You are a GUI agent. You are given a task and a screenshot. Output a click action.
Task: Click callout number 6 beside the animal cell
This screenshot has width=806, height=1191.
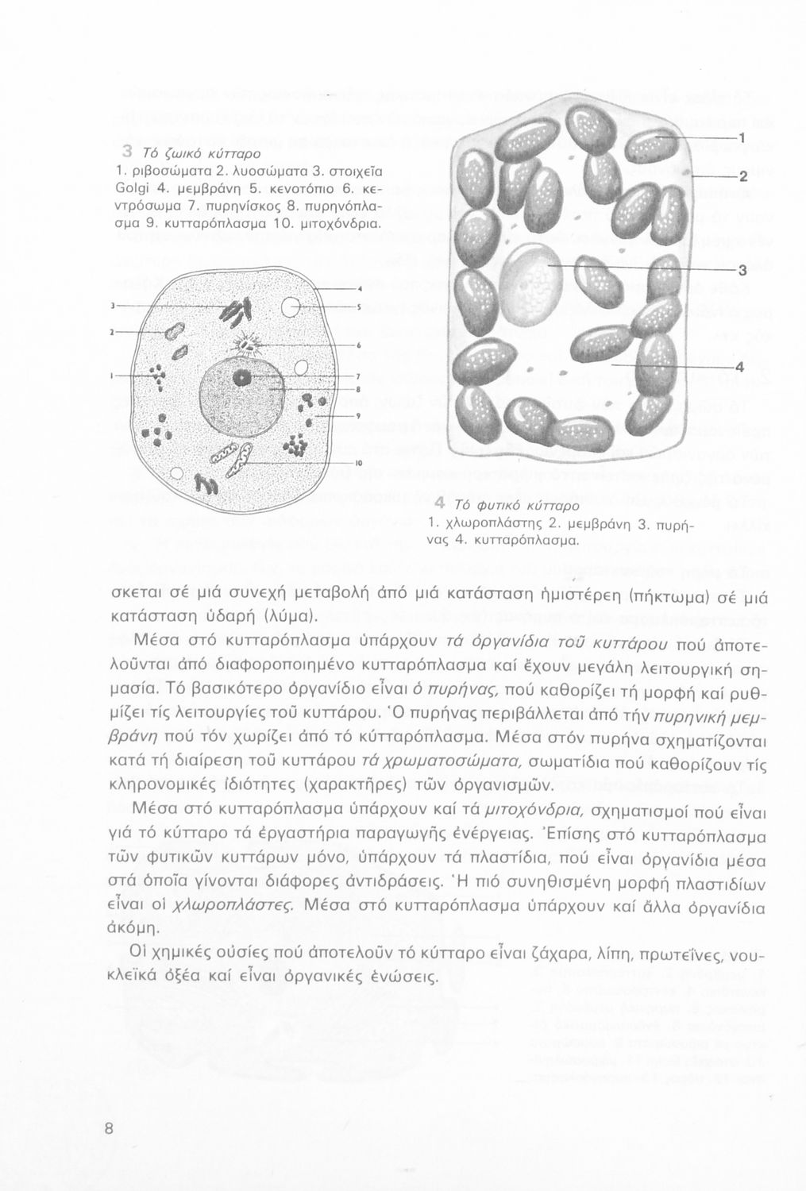[x=359, y=346]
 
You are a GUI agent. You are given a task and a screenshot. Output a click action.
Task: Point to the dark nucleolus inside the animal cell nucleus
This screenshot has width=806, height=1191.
[x=241, y=376]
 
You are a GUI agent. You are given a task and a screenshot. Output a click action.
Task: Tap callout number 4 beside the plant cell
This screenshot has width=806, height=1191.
[x=739, y=368]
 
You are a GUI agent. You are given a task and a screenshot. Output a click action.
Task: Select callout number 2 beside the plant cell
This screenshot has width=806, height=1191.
[x=744, y=176]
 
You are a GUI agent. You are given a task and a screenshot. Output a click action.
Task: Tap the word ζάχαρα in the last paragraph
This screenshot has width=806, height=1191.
[x=556, y=953]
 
